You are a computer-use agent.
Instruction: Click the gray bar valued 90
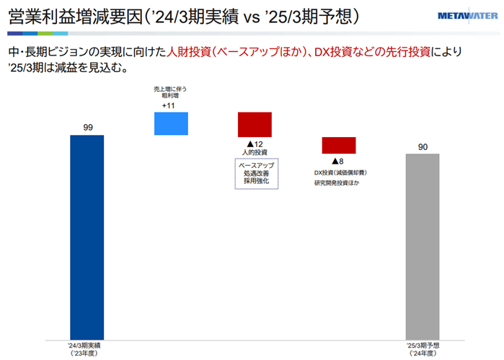point(423,246)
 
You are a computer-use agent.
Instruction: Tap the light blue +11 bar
point(171,123)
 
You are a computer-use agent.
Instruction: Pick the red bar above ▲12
point(255,124)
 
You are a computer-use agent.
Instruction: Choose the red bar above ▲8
point(339,144)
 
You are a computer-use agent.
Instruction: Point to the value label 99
point(87,128)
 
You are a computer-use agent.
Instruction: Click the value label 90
point(423,147)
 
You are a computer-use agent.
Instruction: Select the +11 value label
point(169,105)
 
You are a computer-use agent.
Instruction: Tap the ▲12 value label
point(255,144)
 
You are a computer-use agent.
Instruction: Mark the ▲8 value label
point(337,162)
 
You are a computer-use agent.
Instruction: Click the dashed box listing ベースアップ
point(255,173)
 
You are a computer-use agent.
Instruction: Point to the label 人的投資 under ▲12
point(255,153)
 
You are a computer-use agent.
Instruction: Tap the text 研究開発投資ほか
point(337,183)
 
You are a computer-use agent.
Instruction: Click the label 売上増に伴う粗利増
point(170,92)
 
